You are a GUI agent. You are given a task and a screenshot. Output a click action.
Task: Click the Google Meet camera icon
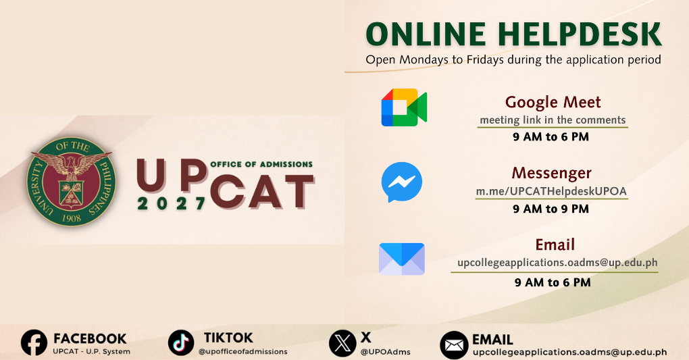404,107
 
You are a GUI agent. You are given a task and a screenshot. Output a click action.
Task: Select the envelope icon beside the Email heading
401,259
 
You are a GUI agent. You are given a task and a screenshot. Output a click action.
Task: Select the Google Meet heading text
553,102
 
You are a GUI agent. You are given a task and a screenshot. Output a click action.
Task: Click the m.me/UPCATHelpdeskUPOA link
551,191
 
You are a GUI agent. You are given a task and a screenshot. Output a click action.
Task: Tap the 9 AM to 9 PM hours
551,209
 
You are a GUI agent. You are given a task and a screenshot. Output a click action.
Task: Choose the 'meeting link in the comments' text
553,120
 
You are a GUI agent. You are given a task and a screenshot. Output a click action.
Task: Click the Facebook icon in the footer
34,343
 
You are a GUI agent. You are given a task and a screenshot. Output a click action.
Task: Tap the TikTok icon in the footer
181,343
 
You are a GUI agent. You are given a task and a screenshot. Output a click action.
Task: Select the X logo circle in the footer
342,343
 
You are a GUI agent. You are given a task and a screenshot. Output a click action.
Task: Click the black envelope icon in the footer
454,345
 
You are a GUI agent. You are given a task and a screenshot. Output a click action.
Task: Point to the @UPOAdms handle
386,352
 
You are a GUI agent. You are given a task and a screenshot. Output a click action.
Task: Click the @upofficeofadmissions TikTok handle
243,352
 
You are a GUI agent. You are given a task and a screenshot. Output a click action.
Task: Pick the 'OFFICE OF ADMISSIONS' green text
261,164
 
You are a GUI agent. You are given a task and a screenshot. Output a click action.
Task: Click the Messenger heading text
551,173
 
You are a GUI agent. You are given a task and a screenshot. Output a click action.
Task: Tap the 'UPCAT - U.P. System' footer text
91,352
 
